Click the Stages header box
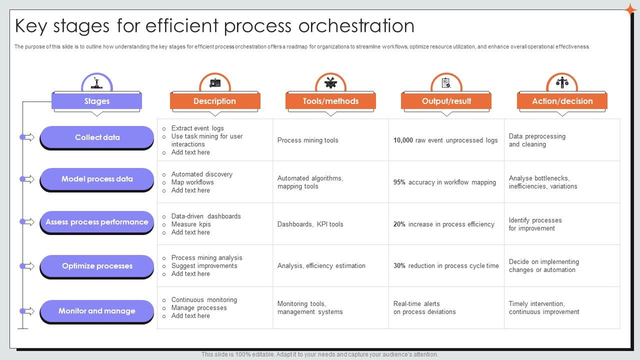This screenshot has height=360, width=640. click(x=96, y=101)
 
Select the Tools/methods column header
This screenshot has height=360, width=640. click(x=330, y=101)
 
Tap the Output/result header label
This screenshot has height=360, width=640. click(x=446, y=101)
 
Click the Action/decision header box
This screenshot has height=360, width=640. click(x=562, y=101)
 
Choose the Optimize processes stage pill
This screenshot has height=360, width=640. click(x=97, y=266)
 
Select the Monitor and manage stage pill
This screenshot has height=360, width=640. click(x=97, y=311)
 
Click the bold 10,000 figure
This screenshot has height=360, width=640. click(x=403, y=140)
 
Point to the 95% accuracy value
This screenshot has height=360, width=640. click(x=399, y=182)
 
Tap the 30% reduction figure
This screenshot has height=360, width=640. click(x=399, y=266)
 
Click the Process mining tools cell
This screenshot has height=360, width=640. click(x=308, y=140)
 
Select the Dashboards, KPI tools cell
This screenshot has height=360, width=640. click(x=310, y=224)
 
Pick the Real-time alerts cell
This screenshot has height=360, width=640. click(x=424, y=307)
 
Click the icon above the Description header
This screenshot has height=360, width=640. click(x=215, y=83)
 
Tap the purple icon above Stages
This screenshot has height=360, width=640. click(x=97, y=82)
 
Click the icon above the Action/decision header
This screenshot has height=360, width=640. click(x=562, y=82)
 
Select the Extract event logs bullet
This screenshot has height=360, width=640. click(x=197, y=128)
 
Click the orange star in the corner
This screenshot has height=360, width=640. click(x=630, y=9)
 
